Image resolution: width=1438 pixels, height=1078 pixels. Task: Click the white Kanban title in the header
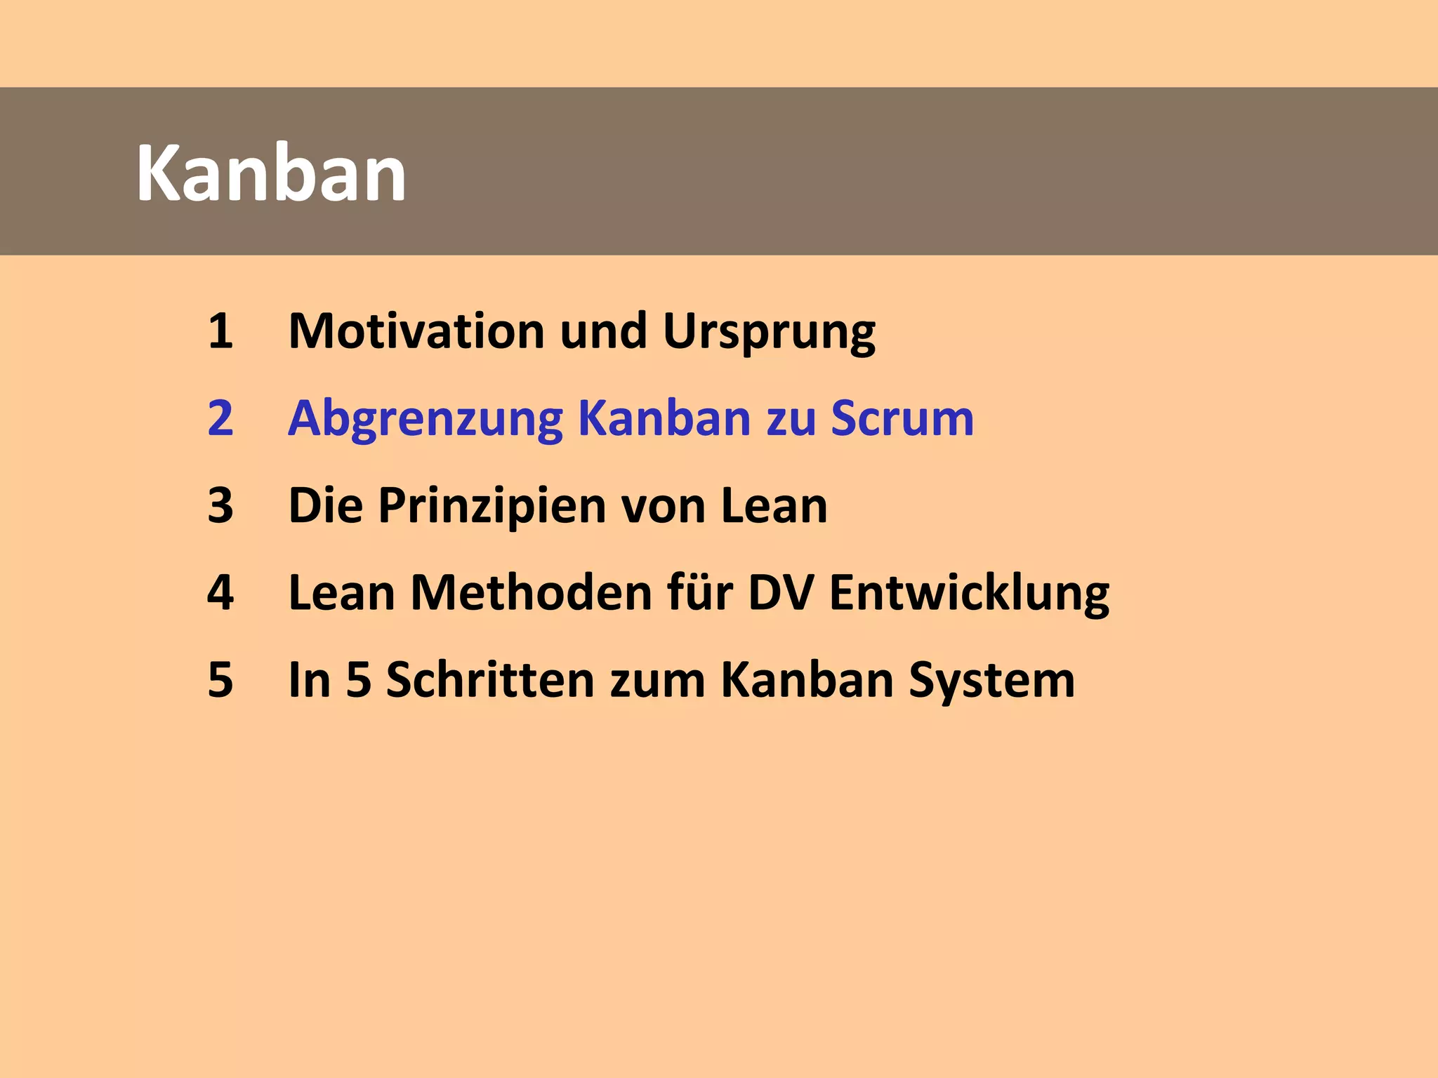click(x=271, y=173)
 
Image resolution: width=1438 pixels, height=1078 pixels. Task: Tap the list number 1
click(x=220, y=331)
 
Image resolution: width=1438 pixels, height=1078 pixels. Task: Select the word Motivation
click(x=416, y=331)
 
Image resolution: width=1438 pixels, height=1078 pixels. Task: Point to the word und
click(x=603, y=331)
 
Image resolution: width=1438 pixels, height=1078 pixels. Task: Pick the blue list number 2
click(x=220, y=418)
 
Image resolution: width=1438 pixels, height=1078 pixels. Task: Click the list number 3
click(x=220, y=505)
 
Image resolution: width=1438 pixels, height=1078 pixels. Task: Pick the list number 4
click(x=220, y=593)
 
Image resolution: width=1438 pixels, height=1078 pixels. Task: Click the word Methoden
click(x=532, y=593)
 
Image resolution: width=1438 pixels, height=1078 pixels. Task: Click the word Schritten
click(x=490, y=680)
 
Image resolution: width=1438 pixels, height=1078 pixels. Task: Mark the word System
click(x=991, y=681)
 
